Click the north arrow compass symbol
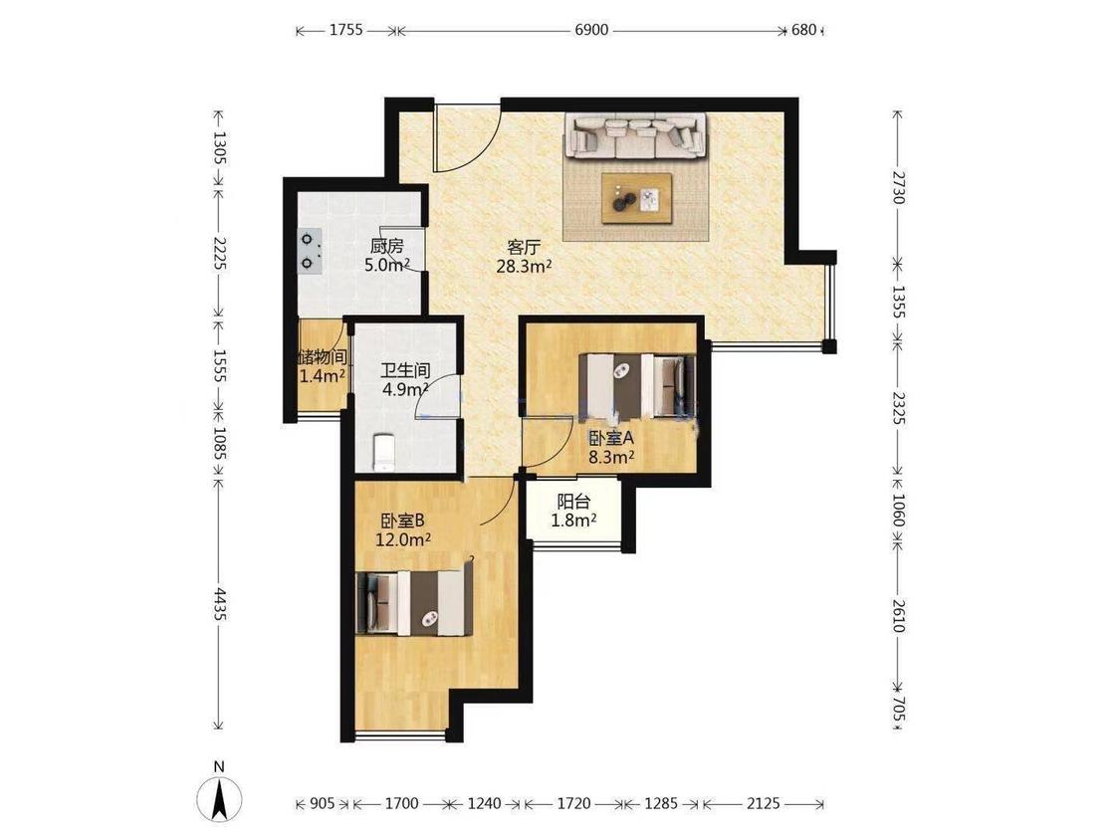(x=219, y=797)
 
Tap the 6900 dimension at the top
(x=591, y=30)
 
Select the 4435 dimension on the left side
(x=220, y=604)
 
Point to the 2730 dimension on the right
(x=899, y=186)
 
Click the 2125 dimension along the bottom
(x=763, y=803)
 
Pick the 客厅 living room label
(x=523, y=248)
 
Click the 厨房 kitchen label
(x=386, y=247)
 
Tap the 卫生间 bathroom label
(x=405, y=370)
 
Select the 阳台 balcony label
(x=573, y=502)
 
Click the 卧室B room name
(x=403, y=521)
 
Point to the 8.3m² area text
(x=611, y=457)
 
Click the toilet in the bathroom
(x=383, y=452)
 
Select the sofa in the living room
(x=636, y=136)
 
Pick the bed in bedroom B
(x=413, y=603)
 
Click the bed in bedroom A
(x=637, y=385)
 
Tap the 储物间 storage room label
(x=323, y=356)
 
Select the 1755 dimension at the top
(x=346, y=30)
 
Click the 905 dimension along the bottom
(x=323, y=803)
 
